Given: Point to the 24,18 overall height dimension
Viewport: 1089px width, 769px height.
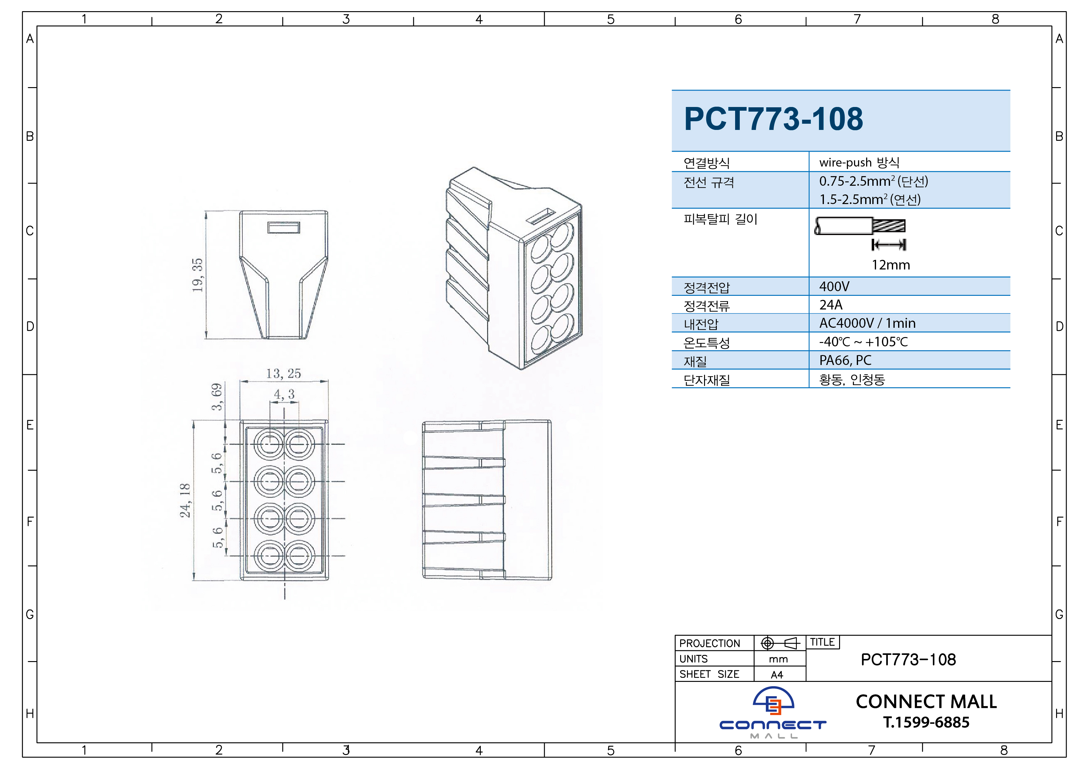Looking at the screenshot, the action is coord(185,500).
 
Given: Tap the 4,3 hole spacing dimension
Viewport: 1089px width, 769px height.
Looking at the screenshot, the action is coord(284,394).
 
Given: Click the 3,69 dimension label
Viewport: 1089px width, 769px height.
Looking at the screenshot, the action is coord(217,397).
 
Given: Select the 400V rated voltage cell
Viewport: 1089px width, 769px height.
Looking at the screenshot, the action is coord(834,287).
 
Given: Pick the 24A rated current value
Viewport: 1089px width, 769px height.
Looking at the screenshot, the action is coord(831,305).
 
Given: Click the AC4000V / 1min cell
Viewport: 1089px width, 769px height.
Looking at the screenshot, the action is coord(867,323).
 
